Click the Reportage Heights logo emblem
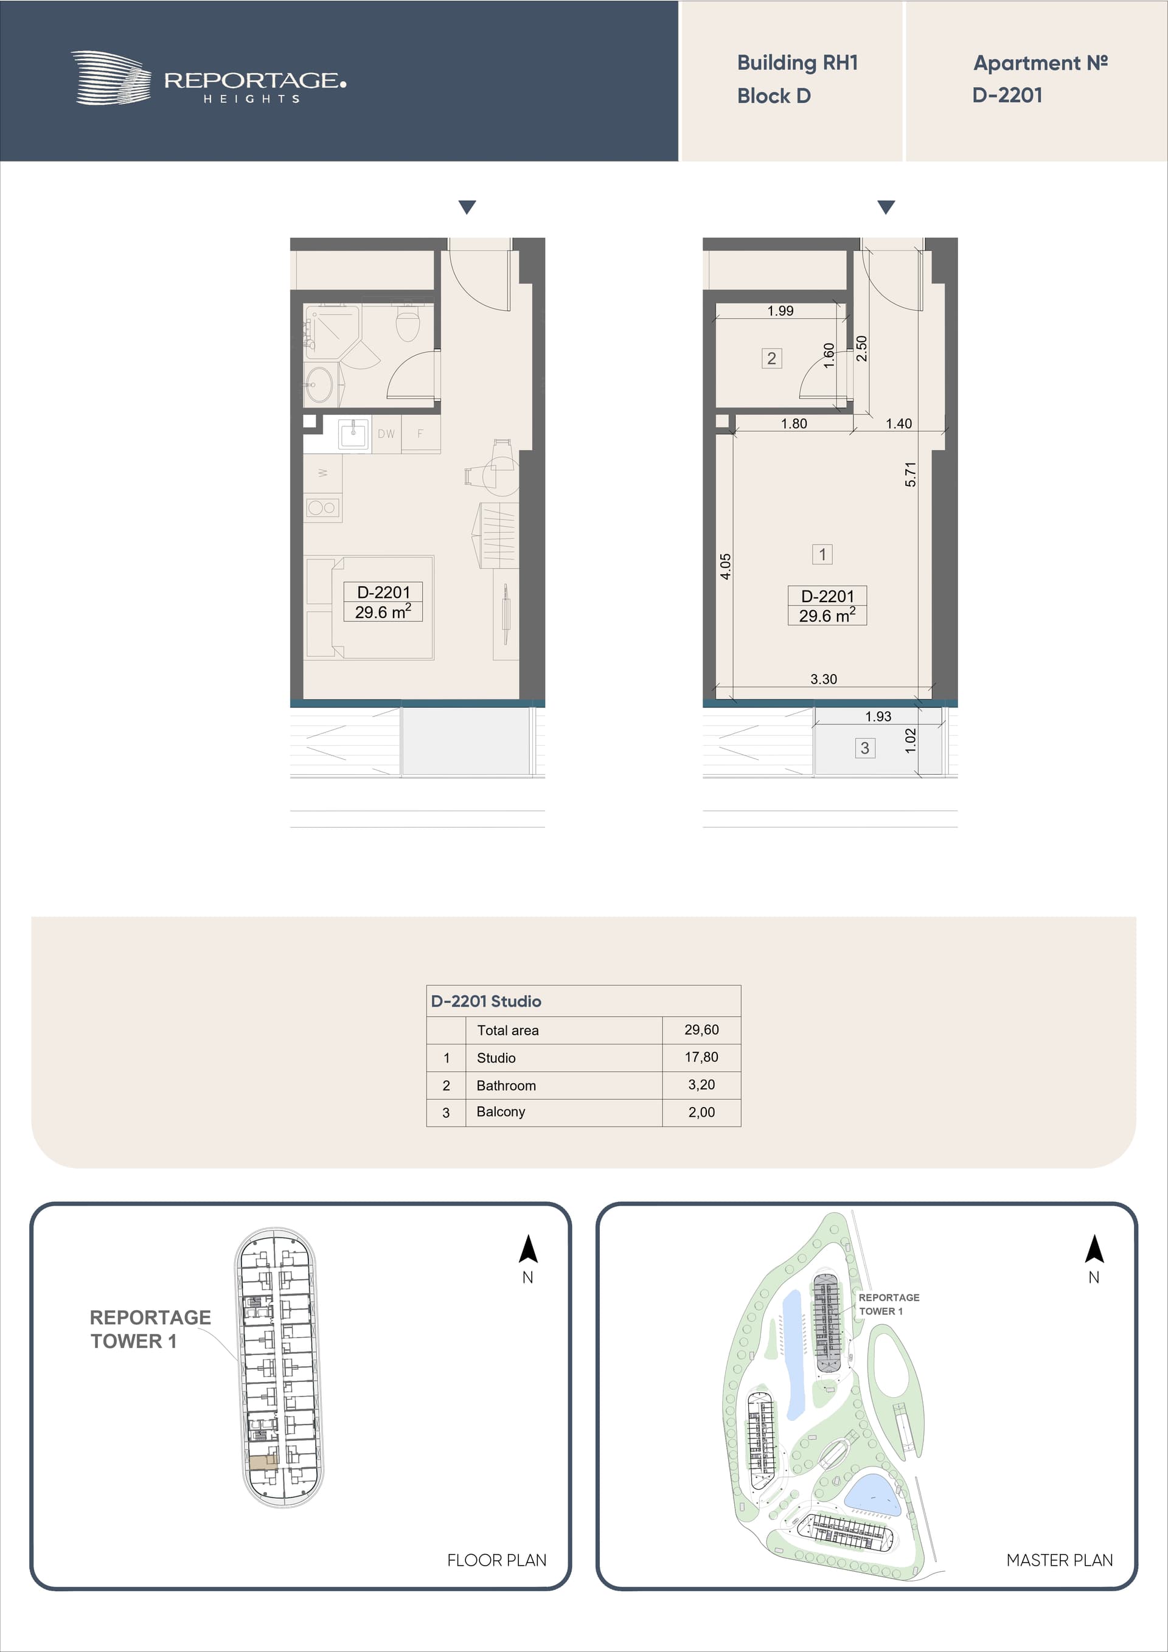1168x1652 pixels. [111, 78]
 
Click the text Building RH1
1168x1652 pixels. [798, 63]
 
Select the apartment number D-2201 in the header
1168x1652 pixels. [1007, 95]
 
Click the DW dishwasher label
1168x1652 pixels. [386, 434]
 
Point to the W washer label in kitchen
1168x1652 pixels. [322, 473]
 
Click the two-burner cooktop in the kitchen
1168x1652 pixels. [322, 508]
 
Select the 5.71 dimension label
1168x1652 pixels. [910, 474]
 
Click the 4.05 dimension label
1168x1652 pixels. [725, 566]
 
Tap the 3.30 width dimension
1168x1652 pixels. [823, 679]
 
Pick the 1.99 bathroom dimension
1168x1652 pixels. [780, 311]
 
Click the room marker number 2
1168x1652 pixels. [771, 358]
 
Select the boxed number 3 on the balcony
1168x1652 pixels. [864, 748]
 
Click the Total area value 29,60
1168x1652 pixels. [701, 1030]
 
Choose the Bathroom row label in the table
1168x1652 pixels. [506, 1085]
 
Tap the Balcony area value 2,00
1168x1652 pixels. [701, 1112]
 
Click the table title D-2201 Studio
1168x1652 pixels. [486, 1001]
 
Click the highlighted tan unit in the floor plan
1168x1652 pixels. [263, 1462]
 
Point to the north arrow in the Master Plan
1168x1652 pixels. [1094, 1249]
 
